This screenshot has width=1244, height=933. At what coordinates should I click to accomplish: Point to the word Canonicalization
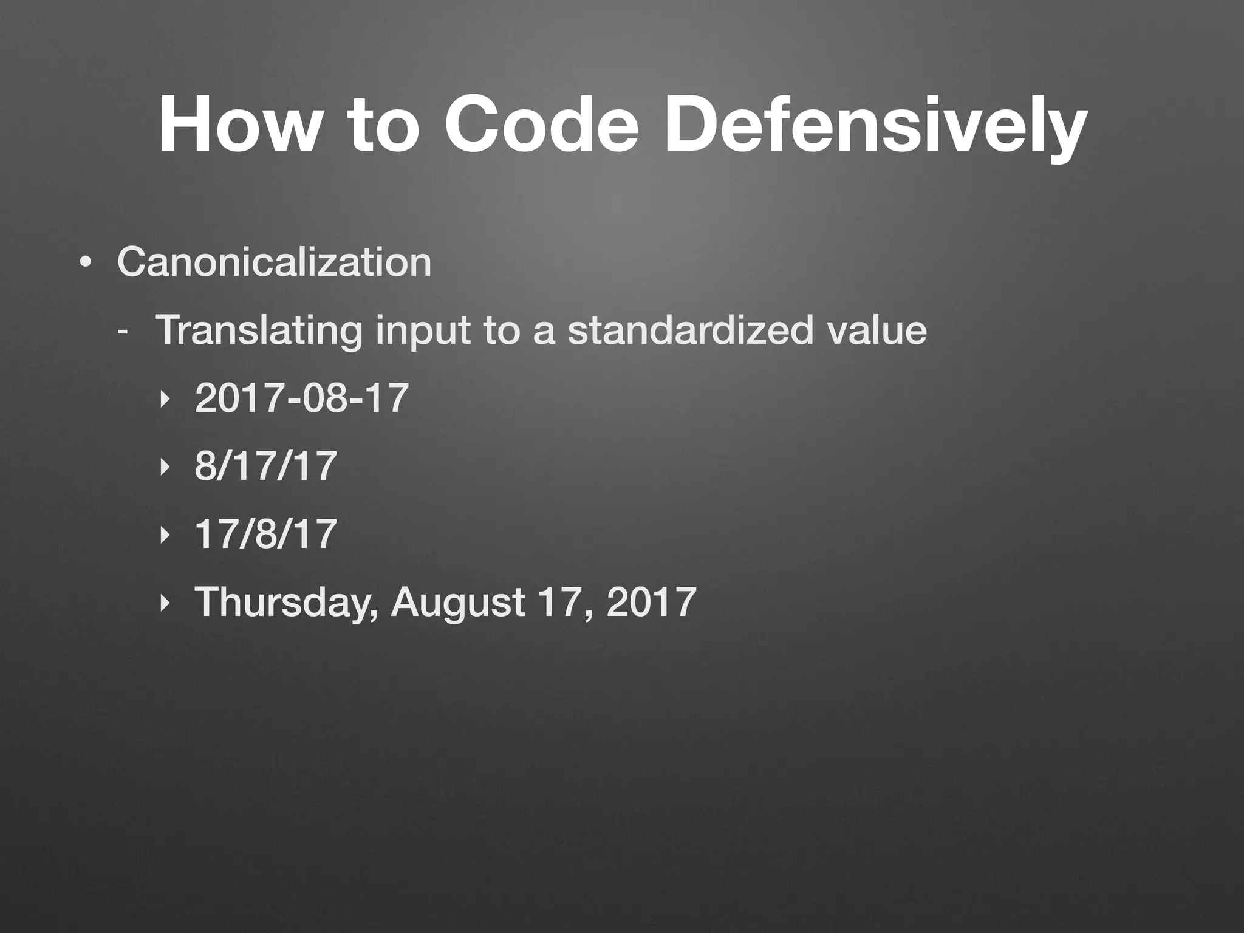(x=274, y=262)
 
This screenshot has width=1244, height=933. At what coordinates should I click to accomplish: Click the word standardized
(x=689, y=330)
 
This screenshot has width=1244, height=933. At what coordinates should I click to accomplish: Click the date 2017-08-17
(x=301, y=398)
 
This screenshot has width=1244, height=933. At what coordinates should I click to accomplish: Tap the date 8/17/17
(x=265, y=466)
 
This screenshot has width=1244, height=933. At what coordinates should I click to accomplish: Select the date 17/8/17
(x=265, y=534)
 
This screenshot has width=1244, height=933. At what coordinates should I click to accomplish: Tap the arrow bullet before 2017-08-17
(x=163, y=400)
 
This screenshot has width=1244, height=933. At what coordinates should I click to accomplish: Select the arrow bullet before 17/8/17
(x=163, y=535)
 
